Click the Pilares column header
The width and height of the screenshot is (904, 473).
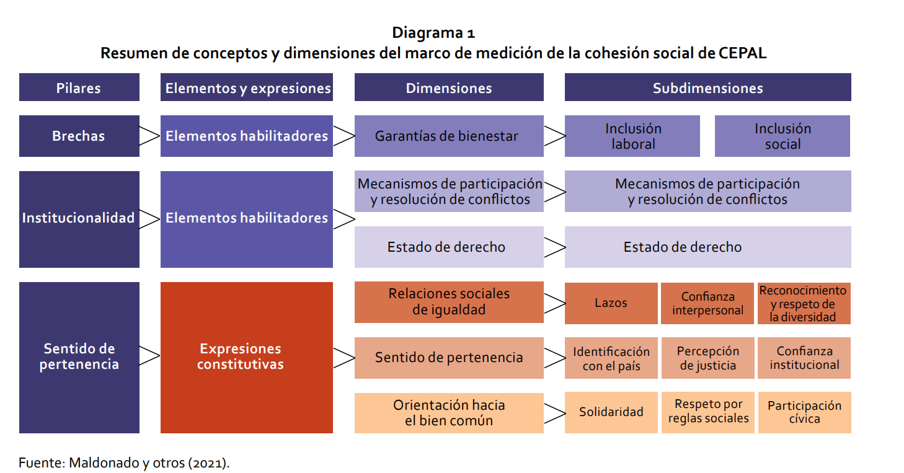79,87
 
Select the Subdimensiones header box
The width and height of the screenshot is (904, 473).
707,87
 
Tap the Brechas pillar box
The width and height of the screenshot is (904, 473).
79,136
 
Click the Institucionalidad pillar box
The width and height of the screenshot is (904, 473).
79,219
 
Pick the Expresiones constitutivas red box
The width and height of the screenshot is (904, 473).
246,357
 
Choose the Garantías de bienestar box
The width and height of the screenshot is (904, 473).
448,136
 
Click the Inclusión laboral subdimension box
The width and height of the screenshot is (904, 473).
632,136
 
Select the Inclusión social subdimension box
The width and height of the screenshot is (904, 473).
782,136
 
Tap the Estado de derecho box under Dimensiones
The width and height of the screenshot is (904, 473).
448,247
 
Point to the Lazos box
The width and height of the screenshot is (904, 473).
611,303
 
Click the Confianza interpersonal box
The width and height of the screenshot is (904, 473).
707,303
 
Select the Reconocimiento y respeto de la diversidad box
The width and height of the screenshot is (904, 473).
804,303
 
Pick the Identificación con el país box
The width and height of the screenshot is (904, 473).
611,358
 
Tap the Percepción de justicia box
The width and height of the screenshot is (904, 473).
707,358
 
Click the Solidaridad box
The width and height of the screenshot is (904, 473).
611,412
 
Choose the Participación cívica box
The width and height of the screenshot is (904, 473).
804,412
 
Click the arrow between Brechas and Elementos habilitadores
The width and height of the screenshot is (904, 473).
149,136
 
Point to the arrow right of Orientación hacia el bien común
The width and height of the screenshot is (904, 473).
554,412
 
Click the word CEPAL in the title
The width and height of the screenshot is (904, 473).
742,53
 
